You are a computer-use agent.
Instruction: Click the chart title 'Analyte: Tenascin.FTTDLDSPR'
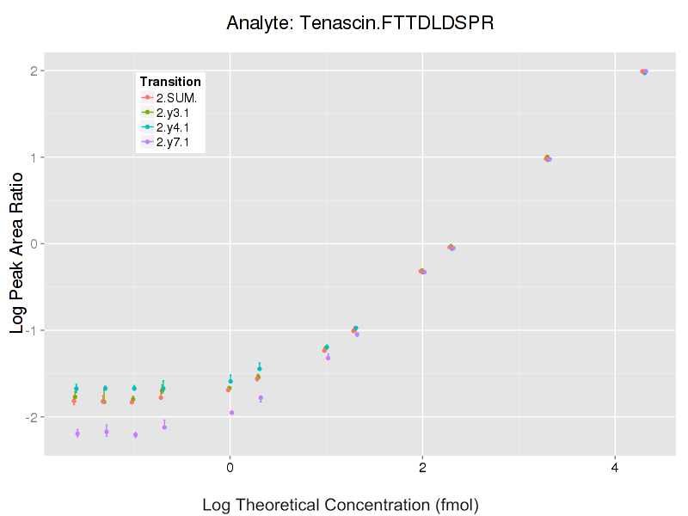(359, 23)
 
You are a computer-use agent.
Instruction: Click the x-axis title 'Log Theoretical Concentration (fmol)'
(340, 504)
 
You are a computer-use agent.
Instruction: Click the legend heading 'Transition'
(170, 82)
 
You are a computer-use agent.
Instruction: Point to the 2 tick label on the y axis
(32, 71)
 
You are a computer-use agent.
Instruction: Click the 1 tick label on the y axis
(32, 157)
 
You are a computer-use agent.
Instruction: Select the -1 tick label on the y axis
(29, 330)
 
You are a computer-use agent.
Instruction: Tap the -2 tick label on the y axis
(29, 417)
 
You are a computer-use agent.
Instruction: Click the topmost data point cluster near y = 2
(643, 71)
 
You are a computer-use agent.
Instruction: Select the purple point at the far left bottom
(77, 433)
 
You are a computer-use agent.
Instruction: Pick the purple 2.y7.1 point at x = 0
(232, 413)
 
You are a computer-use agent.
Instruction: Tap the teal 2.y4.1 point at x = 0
(230, 381)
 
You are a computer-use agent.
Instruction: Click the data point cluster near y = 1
(547, 158)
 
